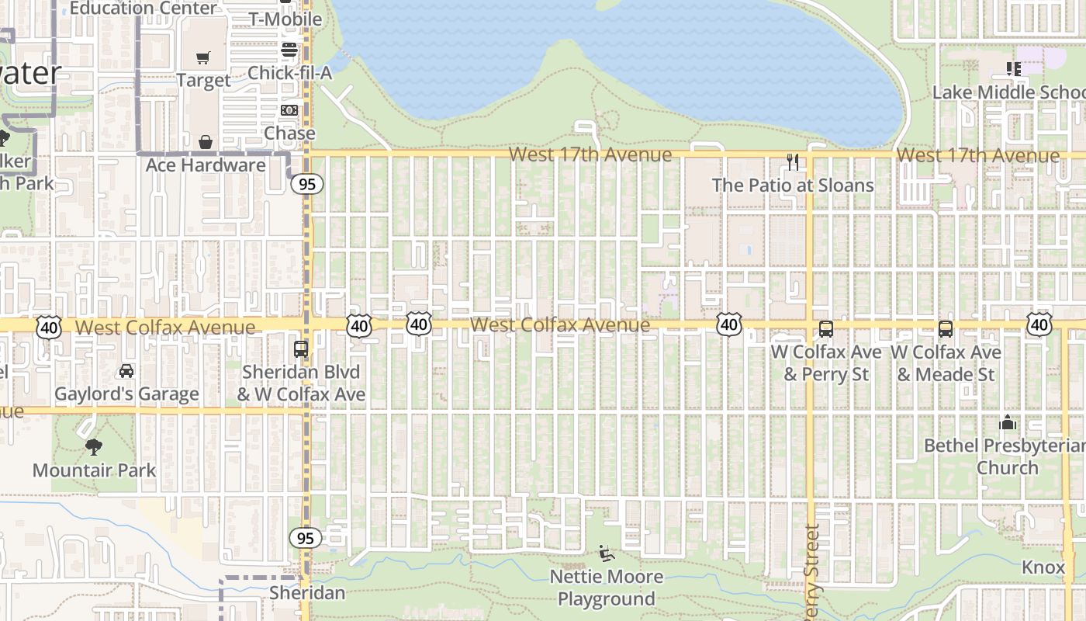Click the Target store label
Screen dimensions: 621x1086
coord(203,80)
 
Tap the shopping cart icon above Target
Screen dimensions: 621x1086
coord(203,57)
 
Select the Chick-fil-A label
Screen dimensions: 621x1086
coord(289,73)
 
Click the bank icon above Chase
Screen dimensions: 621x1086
coord(289,111)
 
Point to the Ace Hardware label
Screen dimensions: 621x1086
coord(206,165)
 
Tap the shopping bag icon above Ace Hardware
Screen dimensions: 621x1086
coord(206,142)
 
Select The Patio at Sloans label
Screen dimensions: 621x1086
coord(793,185)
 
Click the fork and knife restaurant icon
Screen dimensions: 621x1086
coord(793,162)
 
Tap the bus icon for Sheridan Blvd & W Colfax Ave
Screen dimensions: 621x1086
coord(301,349)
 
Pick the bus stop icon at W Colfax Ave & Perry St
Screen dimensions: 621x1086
coord(826,329)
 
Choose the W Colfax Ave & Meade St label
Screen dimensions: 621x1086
coord(946,363)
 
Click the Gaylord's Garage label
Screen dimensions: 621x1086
coord(126,394)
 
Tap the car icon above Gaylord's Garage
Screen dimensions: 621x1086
coord(126,371)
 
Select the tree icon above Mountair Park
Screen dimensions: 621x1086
coord(94,447)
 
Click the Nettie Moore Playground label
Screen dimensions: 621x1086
coord(607,588)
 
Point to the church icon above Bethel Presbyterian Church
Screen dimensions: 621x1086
coord(1008,423)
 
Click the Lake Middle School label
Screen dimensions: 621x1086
coord(1008,92)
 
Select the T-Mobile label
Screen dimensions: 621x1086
coord(285,19)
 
